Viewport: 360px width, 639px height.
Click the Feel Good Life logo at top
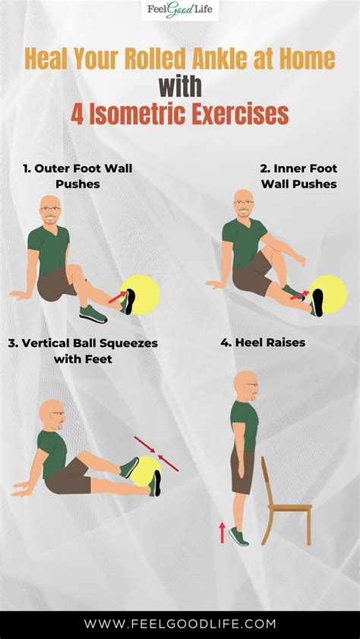point(180,11)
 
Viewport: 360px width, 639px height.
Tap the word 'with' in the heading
point(180,86)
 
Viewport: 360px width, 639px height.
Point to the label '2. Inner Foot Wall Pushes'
point(298,176)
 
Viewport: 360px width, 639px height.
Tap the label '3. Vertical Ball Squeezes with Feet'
point(83,351)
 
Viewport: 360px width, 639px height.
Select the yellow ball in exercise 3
point(147,469)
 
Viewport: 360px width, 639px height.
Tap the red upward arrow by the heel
point(223,532)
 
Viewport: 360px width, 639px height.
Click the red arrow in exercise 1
point(116,297)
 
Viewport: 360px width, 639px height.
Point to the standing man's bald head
point(245,384)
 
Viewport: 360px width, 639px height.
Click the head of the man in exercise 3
point(52,413)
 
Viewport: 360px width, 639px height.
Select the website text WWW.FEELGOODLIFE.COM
point(180,624)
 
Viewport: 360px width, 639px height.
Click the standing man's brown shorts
point(242,471)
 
